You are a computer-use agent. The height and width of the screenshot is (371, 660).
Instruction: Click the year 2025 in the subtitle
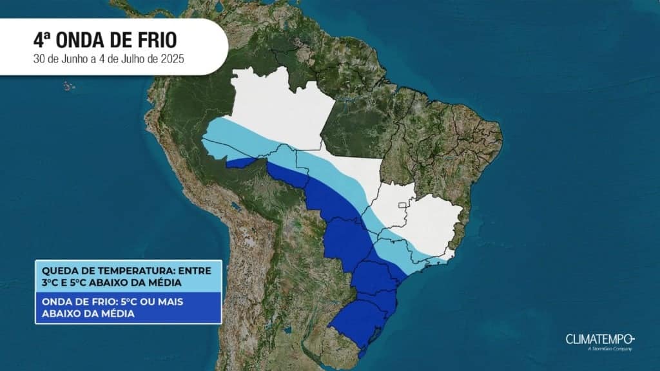171,59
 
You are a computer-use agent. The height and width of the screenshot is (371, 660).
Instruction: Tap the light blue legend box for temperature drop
128,276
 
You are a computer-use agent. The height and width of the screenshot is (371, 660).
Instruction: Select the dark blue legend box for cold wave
128,307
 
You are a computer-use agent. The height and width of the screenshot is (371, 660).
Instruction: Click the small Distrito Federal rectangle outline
403,207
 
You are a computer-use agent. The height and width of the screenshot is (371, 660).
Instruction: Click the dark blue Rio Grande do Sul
358,322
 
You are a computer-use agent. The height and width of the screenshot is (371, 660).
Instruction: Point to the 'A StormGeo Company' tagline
609,349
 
